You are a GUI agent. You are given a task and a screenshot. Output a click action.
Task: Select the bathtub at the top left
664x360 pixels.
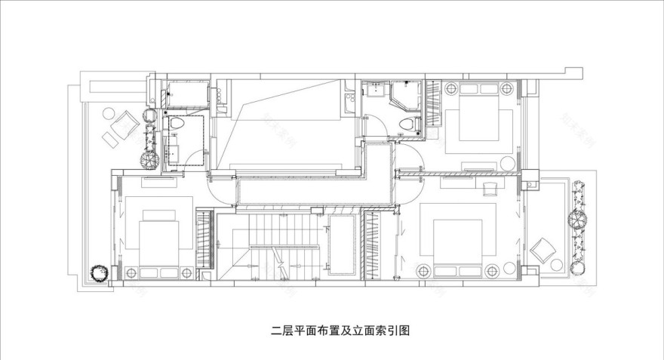tap(186, 93)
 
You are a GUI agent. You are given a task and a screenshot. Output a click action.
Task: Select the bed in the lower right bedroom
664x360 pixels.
tap(457, 245)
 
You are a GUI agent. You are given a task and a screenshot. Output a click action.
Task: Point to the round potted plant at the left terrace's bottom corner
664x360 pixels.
tap(97, 272)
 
